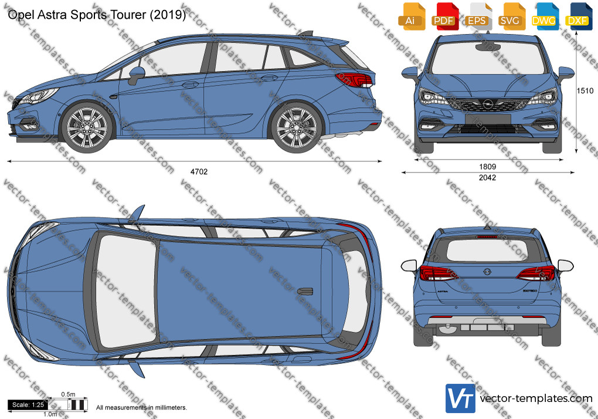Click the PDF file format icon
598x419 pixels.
(444, 16)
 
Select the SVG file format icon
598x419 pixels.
(511, 16)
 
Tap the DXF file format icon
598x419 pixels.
(577, 16)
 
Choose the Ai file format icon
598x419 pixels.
(411, 16)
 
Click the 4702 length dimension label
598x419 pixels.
(199, 172)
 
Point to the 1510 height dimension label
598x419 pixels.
(585, 90)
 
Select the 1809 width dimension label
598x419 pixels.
(487, 167)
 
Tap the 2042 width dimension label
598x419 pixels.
(487, 177)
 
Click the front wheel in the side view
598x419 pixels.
(87, 127)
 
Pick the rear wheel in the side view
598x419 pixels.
(296, 127)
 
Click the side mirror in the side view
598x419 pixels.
(136, 75)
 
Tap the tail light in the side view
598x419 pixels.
(354, 80)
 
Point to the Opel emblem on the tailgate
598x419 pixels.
(487, 271)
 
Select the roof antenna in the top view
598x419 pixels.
(305, 291)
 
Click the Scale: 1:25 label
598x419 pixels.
(28, 405)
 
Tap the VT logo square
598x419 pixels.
(460, 398)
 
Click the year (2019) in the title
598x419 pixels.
(168, 15)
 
